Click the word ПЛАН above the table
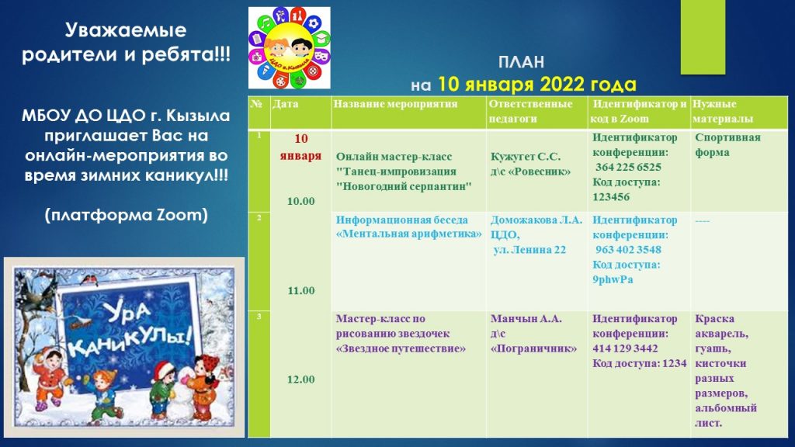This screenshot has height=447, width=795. (x=521, y=62)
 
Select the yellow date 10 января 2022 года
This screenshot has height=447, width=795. (x=537, y=84)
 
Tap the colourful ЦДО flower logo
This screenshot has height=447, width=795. (x=289, y=47)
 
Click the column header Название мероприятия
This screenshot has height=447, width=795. (x=395, y=104)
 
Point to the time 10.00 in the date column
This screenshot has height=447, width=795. (x=300, y=201)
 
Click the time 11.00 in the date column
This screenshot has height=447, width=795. (x=300, y=290)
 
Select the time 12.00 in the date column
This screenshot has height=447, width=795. (x=300, y=379)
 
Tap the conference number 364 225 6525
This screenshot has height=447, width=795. (x=628, y=168)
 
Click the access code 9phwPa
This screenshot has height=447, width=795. (x=613, y=279)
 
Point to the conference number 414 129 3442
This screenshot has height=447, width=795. (x=625, y=348)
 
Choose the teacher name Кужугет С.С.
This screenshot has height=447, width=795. (x=526, y=157)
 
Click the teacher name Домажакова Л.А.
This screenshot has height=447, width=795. (x=536, y=220)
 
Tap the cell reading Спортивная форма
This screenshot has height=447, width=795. (x=727, y=145)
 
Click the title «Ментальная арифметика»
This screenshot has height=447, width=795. (x=408, y=234)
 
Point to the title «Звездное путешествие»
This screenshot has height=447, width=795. (x=401, y=348)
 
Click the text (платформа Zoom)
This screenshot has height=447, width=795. (x=127, y=215)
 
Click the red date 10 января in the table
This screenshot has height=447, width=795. (x=300, y=147)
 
